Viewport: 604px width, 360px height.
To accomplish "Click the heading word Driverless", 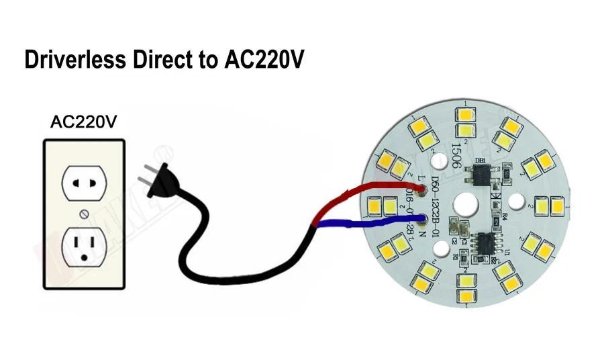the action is (x=74, y=60).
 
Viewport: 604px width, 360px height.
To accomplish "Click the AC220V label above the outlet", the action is (x=84, y=122).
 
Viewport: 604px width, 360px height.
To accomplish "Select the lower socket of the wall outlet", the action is (x=84, y=246).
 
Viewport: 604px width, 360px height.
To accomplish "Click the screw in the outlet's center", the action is (x=84, y=214).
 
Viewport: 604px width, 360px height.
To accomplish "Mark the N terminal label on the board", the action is (x=423, y=235).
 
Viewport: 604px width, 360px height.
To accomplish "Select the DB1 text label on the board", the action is (x=480, y=161).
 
